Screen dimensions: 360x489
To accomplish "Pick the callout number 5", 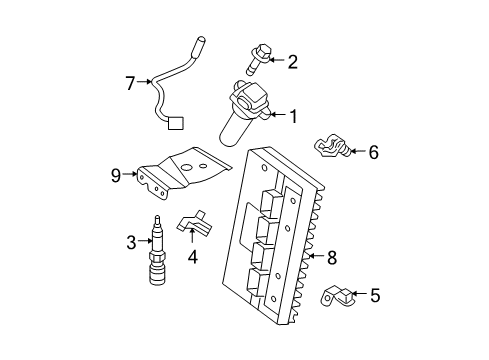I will pos(375,295).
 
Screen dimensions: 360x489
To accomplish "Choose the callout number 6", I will pos(373,153).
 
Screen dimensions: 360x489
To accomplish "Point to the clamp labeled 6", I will pos(330,148).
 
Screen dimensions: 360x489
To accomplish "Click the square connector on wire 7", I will pos(176,125).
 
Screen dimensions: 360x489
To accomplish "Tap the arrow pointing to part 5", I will pos(358,295).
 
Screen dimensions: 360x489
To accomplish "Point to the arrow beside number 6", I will pos(356,153).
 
